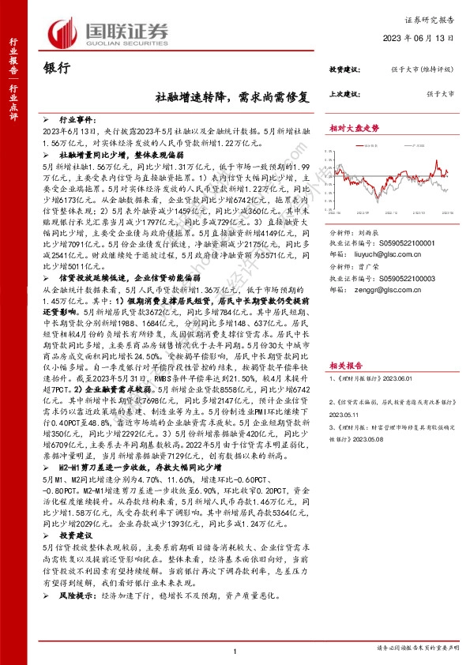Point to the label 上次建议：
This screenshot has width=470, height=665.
(344, 93)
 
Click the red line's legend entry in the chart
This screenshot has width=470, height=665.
(371, 145)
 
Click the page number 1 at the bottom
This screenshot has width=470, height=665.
(235, 651)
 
